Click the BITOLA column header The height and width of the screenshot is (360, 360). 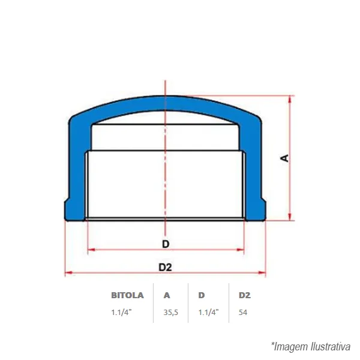coord(127,295)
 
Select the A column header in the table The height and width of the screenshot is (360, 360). coord(167,295)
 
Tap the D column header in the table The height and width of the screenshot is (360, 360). coord(202,295)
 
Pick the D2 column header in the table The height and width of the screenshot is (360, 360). coord(245,295)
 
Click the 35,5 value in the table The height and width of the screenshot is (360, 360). coord(170,313)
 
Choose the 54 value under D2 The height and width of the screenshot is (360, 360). coord(243,313)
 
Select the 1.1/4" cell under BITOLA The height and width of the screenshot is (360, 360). coord(121,312)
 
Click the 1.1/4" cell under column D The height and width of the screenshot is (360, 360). coord(208,312)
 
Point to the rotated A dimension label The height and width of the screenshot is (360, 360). coord(284,158)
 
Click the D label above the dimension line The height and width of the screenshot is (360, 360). coord(166,244)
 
